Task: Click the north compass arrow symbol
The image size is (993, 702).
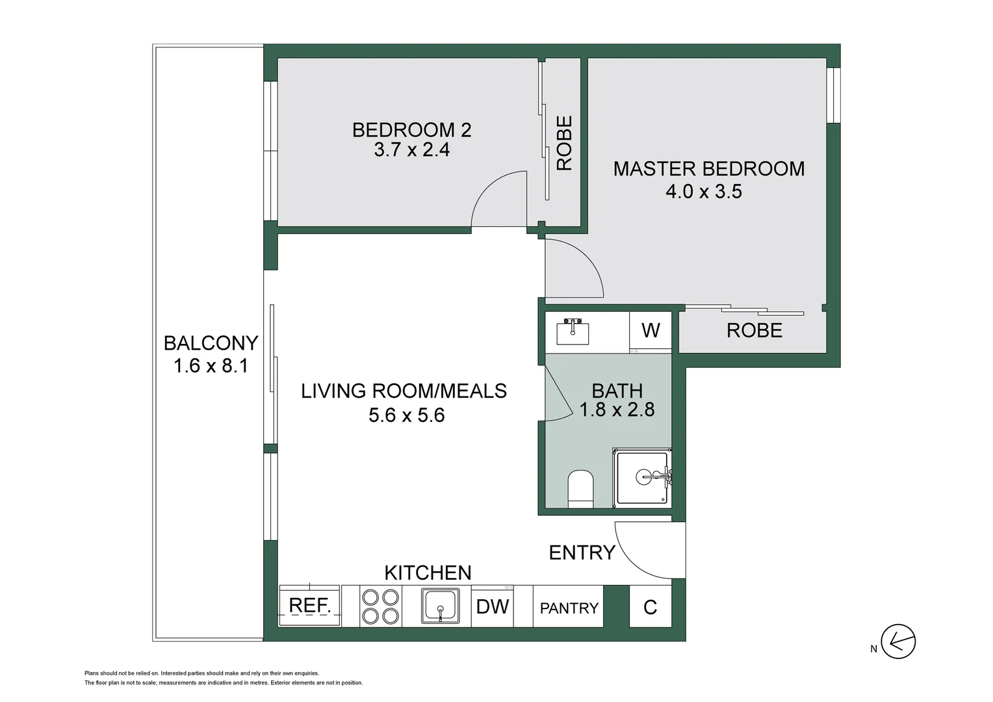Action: pos(898,642)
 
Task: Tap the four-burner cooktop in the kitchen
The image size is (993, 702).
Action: pos(380,606)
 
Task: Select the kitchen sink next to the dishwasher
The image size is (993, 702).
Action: pos(441,606)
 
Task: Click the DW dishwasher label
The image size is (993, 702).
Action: pos(492,606)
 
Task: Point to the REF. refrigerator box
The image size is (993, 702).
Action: pos(310,606)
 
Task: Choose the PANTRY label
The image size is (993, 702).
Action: pos(569,608)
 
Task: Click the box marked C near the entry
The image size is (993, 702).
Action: pos(650,607)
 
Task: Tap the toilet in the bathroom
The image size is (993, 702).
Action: pos(580,488)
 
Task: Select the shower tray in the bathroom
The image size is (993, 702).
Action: pos(642,478)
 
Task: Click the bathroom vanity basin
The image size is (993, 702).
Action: pos(573,331)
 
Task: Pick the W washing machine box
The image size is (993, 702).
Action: pos(651,330)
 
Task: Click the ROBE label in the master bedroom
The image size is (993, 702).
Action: pos(754,330)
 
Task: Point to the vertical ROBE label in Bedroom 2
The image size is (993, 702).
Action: pos(564,143)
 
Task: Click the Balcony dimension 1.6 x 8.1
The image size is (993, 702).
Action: pos(211,366)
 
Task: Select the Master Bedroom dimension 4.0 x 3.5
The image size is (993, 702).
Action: pos(703,192)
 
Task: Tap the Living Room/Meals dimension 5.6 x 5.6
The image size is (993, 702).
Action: pos(406,415)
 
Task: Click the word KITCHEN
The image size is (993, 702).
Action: pos(428,573)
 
